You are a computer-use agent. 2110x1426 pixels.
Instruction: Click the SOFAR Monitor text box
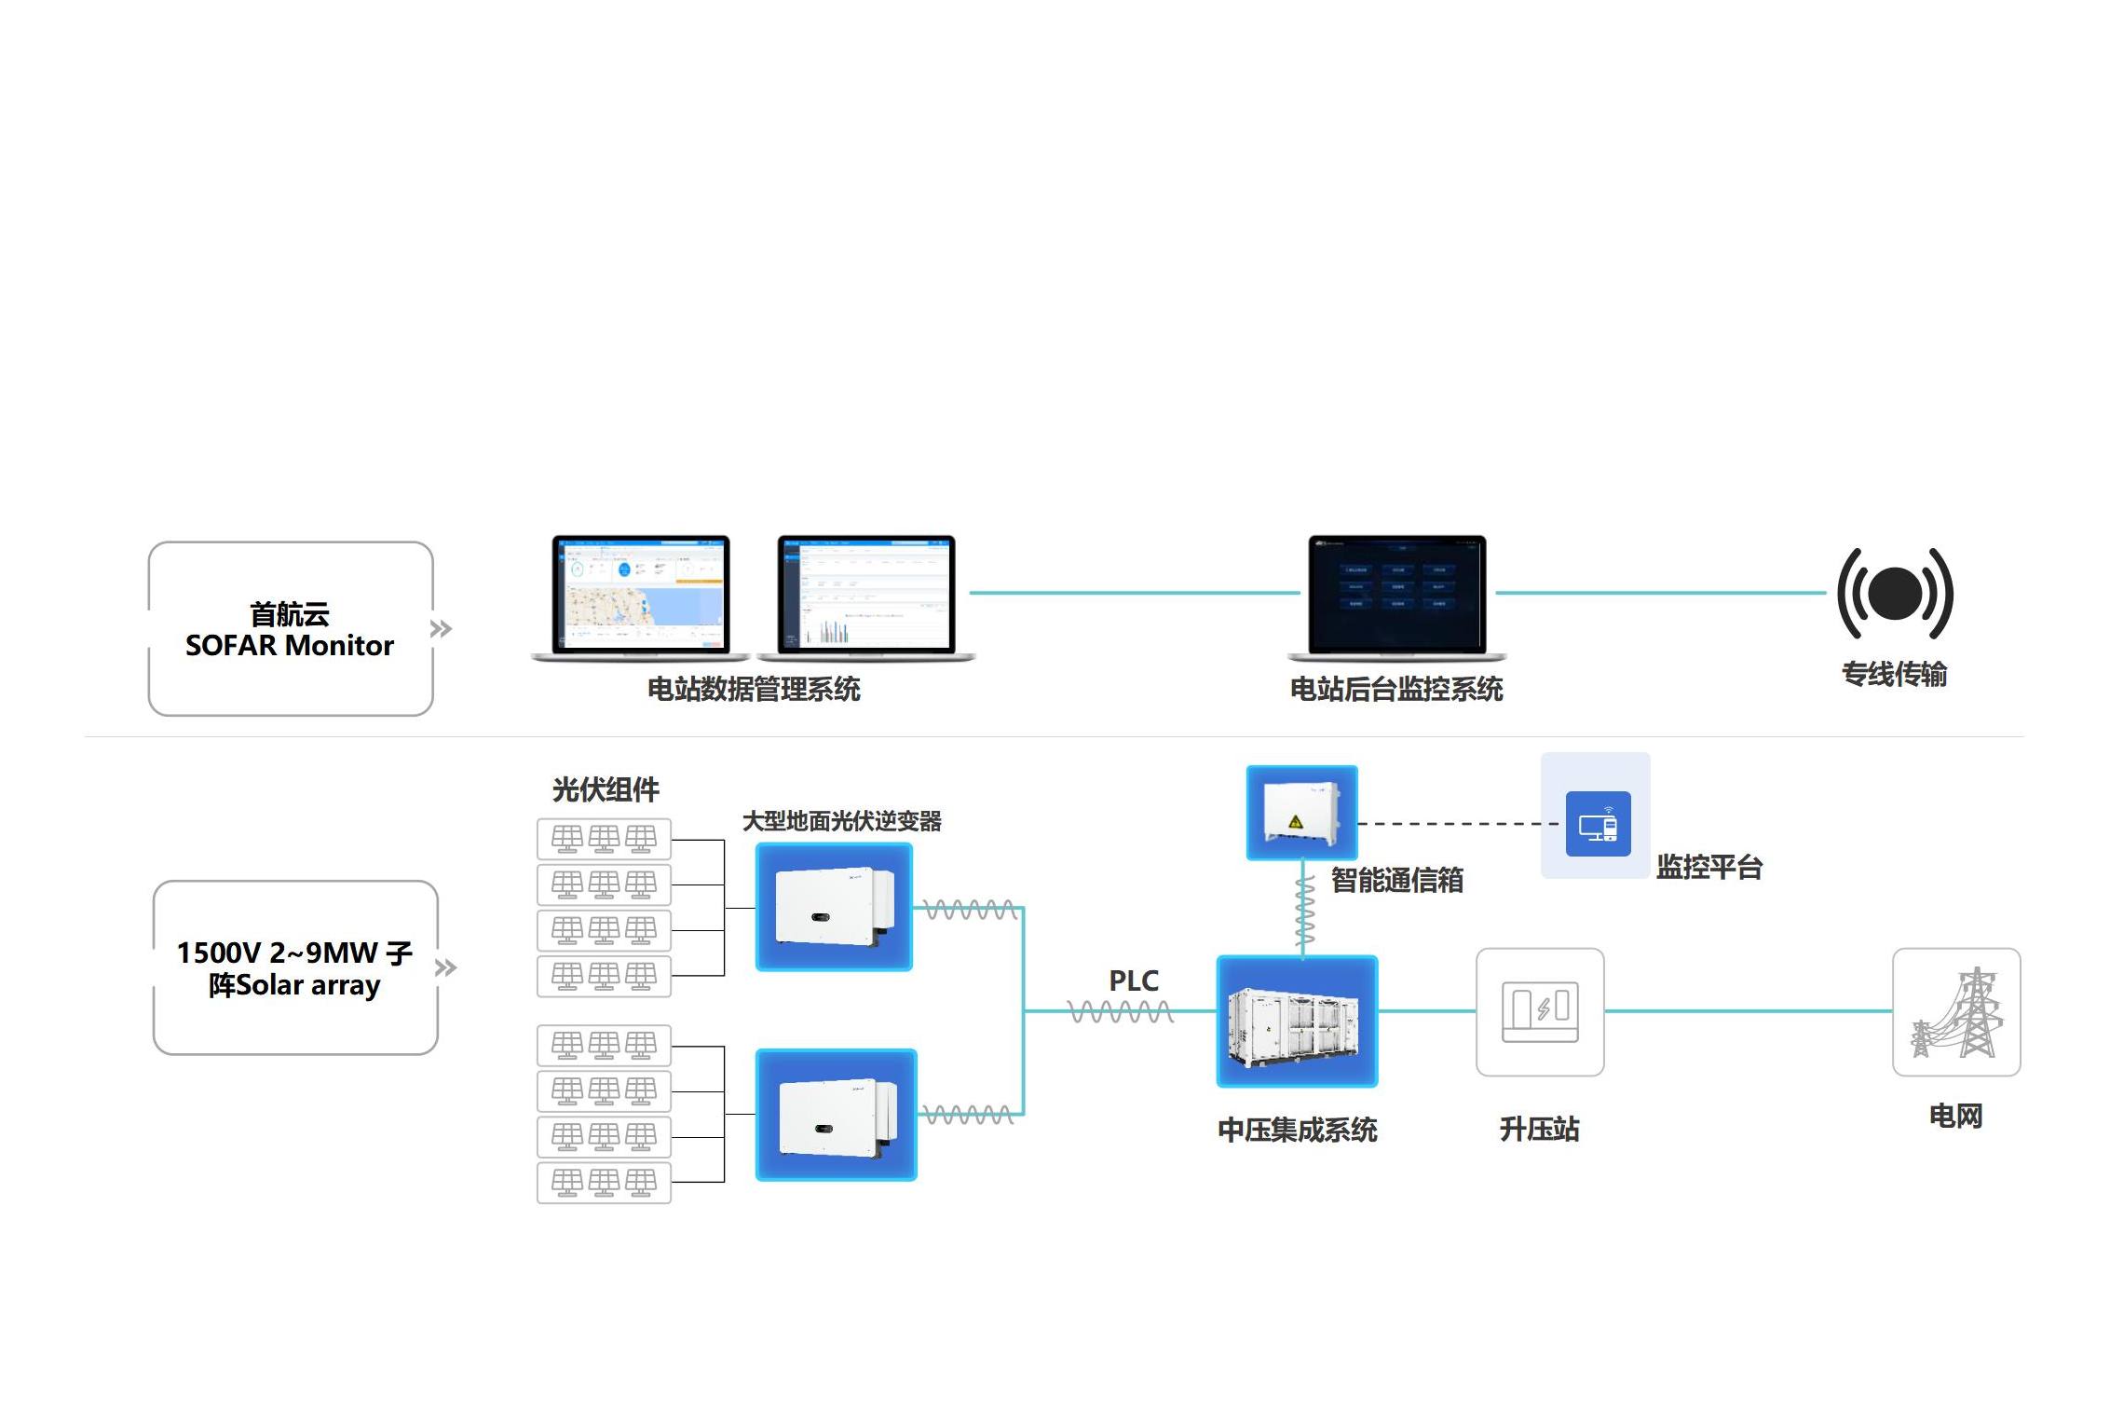pos(290,629)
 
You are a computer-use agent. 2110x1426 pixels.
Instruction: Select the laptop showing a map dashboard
pos(641,596)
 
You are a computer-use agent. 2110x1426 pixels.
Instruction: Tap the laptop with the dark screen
pos(1396,596)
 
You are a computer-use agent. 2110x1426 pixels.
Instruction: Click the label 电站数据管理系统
pos(754,690)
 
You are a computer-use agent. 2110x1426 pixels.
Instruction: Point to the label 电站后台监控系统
pos(1395,690)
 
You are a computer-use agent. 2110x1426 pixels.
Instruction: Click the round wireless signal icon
pos(1895,594)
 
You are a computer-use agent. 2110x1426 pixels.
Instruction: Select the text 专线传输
pos(1894,674)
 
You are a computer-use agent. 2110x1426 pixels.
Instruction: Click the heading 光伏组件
pos(606,790)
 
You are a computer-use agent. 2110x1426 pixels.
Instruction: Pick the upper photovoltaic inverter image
pos(834,907)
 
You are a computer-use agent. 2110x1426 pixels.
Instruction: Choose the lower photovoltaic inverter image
pos(836,1115)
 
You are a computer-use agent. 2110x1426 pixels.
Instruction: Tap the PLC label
pos(1134,981)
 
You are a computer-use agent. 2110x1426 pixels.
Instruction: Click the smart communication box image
pos(1301,812)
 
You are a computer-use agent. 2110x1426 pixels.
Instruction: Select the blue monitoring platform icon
pos(1598,824)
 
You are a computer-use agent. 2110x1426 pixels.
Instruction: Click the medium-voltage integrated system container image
pos(1297,1022)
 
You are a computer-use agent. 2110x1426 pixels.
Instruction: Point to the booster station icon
pos(1540,1012)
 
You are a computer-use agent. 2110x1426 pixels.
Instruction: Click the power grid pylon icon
pos(1956,1012)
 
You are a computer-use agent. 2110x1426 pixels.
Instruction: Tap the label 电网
pos(1955,1116)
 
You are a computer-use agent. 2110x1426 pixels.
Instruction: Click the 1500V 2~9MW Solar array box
pos(295,967)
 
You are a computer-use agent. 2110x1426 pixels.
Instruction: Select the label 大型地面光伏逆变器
pos(841,821)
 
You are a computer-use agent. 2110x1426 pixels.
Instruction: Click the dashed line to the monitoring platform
pos(1458,824)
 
